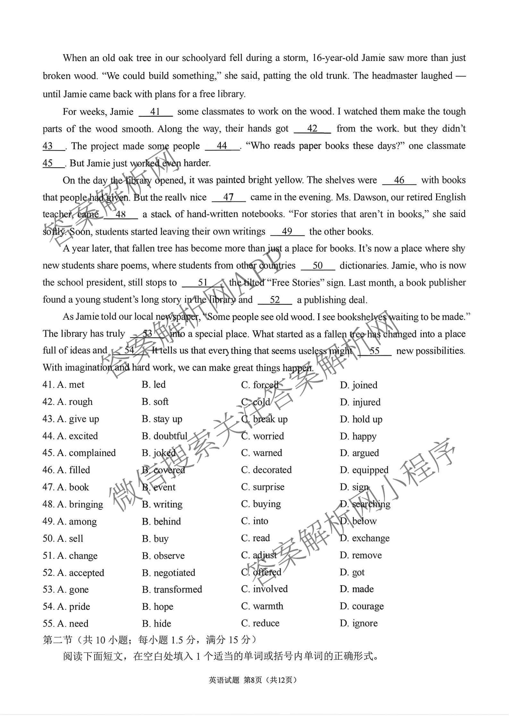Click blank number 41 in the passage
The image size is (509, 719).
coord(156,112)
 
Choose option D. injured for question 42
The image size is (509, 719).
coord(360,402)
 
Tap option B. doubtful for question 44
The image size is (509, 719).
coord(165,436)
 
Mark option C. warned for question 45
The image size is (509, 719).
coord(262,453)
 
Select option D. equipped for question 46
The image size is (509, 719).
coord(364,470)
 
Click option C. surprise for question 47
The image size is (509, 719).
coord(263,487)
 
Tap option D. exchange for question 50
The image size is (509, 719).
coord(365,538)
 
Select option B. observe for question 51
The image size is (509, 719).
coord(163,556)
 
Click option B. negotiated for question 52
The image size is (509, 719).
coord(168,573)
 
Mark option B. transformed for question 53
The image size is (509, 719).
coord(172,589)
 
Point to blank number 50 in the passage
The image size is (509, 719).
coord(318,265)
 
